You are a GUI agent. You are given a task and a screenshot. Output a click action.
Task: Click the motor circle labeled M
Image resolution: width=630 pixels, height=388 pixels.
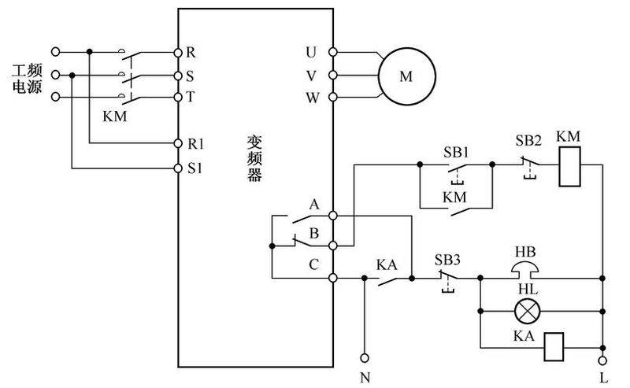click(406, 76)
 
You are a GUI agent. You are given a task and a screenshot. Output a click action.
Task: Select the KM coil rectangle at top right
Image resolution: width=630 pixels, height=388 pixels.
click(569, 167)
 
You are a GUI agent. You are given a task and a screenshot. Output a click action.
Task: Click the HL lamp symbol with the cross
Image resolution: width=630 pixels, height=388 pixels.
click(524, 312)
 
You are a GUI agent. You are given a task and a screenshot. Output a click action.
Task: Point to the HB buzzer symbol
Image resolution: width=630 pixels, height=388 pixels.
click(525, 269)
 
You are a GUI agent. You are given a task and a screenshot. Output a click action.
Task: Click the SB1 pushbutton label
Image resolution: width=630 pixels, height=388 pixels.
click(455, 150)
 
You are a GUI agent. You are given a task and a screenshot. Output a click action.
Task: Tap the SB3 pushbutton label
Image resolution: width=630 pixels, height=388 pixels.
click(448, 259)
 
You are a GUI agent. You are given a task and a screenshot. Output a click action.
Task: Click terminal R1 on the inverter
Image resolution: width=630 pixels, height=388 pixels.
click(178, 143)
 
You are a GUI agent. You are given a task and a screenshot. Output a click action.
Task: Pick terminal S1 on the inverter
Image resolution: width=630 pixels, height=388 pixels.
click(178, 168)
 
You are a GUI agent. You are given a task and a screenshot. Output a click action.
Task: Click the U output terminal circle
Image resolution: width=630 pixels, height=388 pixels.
click(333, 52)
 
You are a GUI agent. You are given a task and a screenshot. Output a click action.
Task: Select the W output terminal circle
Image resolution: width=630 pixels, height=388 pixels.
click(333, 98)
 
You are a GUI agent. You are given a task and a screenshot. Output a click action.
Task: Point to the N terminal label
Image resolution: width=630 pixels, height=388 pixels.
click(364, 376)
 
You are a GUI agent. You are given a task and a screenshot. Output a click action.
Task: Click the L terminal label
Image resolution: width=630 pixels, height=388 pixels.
click(603, 376)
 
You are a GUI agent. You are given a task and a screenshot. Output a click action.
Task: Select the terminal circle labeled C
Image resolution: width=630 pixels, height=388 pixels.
click(333, 278)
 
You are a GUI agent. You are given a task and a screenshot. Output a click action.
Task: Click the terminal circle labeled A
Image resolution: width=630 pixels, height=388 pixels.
click(333, 214)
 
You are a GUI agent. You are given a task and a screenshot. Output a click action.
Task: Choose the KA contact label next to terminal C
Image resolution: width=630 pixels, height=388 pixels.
click(386, 265)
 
